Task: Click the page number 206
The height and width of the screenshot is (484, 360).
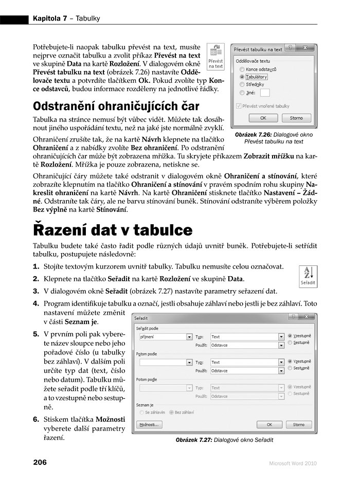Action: pyautogui.click(x=40, y=462)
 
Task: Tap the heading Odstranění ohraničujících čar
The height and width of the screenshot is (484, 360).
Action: pyautogui.click(x=116, y=106)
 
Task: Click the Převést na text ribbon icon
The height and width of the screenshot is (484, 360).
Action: pyautogui.click(x=215, y=56)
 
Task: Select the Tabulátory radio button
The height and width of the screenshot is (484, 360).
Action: pyautogui.click(x=242, y=77)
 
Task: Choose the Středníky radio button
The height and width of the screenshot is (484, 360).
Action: pyautogui.click(x=242, y=84)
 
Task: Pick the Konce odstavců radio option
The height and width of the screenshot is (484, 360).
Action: pyautogui.click(x=242, y=69)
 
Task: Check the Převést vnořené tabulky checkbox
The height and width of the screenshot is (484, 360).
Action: pyautogui.click(x=238, y=106)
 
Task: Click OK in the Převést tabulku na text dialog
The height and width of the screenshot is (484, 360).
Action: pyautogui.click(x=262, y=118)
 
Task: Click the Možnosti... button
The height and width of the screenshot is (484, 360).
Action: pyautogui.click(x=149, y=425)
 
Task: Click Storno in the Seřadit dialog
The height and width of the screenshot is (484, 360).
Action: pyautogui.click(x=299, y=425)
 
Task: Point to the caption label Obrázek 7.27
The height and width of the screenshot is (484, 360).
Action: pyautogui.click(x=193, y=440)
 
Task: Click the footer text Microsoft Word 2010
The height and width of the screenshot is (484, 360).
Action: pyautogui.click(x=293, y=463)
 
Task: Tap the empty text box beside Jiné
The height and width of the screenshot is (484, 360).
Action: pyautogui.click(x=265, y=93)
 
